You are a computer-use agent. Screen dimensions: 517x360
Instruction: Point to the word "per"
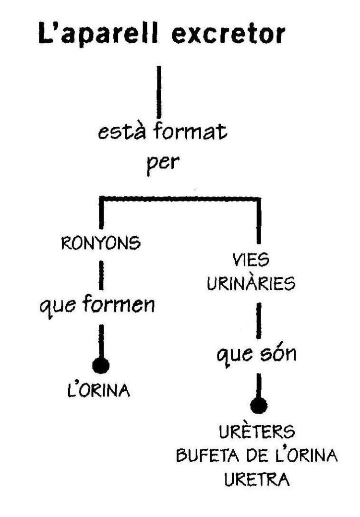coord(158,163)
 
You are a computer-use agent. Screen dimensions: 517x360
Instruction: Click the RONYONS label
coord(101,243)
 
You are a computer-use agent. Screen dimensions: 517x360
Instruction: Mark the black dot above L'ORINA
coord(101,366)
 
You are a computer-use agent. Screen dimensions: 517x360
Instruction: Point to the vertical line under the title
coord(159,91)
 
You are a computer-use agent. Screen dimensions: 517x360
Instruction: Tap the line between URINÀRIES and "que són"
coord(259,319)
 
